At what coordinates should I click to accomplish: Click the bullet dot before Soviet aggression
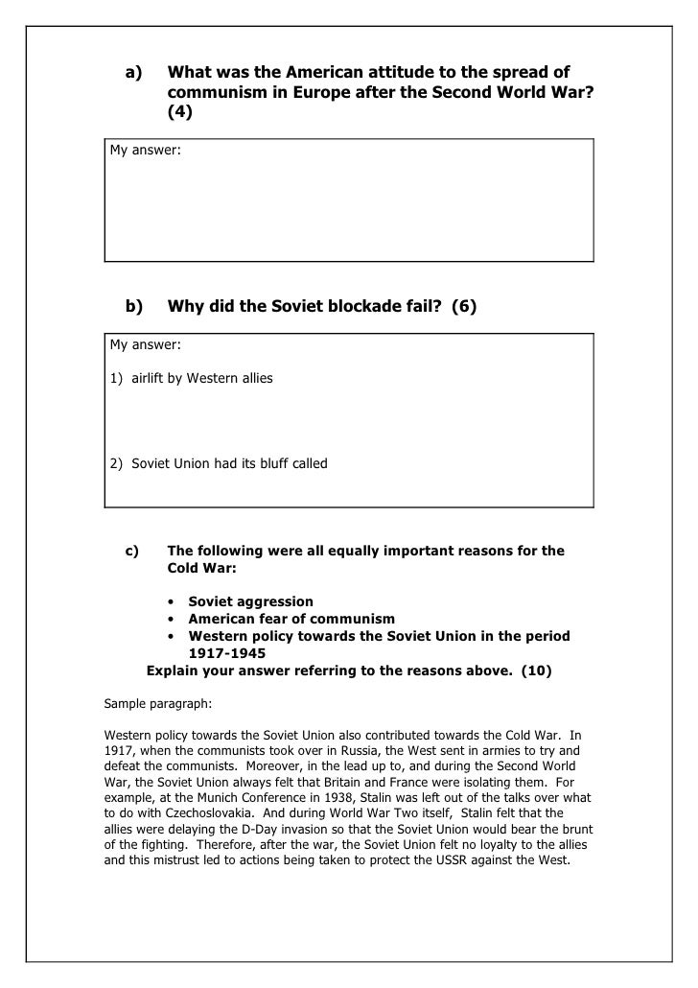pyautogui.click(x=170, y=602)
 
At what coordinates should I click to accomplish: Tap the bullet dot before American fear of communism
pyautogui.click(x=170, y=620)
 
